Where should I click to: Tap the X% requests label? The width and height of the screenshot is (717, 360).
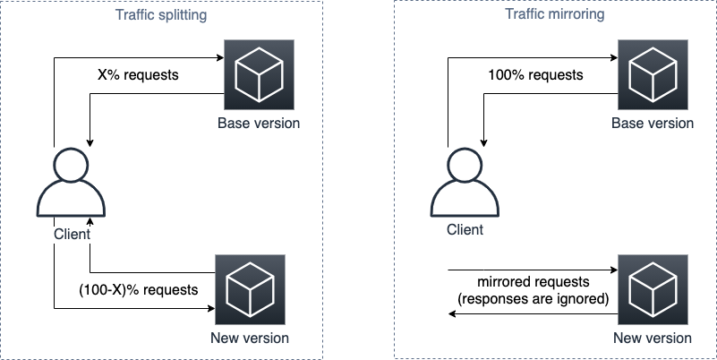tap(138, 75)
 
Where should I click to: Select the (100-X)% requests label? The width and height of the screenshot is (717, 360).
tap(137, 290)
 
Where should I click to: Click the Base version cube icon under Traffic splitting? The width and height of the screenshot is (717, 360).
tap(250, 75)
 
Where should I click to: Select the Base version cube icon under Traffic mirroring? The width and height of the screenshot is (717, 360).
tap(653, 75)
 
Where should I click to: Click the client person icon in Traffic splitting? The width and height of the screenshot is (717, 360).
tap(73, 183)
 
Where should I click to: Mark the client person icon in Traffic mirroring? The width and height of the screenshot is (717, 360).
tap(466, 183)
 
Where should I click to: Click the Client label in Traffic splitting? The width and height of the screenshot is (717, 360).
tap(73, 235)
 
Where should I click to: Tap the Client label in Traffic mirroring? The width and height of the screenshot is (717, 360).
tap(465, 230)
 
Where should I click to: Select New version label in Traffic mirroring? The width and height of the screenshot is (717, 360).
tap(653, 339)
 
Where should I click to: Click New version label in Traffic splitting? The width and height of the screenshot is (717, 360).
tap(250, 339)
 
